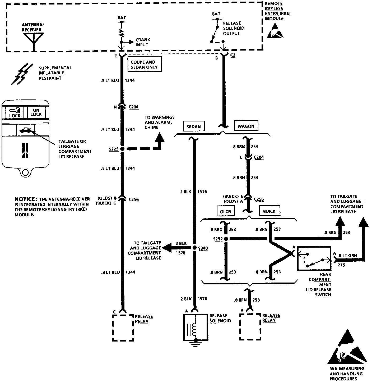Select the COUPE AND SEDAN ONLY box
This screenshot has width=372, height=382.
(144, 65)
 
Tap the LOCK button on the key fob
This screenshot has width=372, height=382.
(15, 113)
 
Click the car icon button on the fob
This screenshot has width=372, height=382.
(25, 130)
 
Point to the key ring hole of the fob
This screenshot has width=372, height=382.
(25, 173)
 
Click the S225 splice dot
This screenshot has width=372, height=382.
(122, 149)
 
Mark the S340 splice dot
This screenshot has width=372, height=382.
(194, 248)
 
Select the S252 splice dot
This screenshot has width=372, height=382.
(226, 239)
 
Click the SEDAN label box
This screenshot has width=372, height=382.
(194, 126)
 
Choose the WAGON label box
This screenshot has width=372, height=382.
(246, 126)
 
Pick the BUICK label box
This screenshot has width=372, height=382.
(269, 211)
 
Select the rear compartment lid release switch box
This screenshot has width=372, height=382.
(314, 258)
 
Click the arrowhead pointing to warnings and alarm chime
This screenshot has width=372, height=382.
(159, 138)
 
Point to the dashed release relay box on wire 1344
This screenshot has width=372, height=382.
(123, 328)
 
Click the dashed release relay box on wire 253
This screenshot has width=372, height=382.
(250, 327)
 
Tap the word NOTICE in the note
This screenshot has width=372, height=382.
(25, 199)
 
